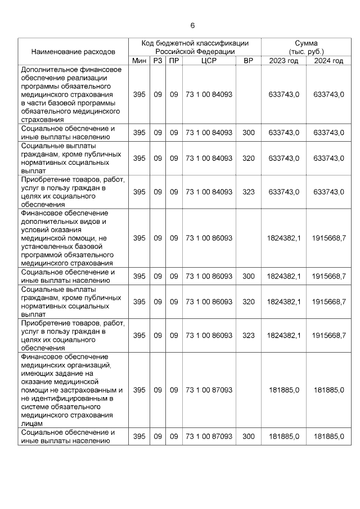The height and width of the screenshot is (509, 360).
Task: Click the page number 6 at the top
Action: [x=192, y=26]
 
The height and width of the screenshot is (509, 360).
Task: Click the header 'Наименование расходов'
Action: [x=73, y=52]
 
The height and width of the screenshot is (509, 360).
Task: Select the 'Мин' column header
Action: [x=139, y=61]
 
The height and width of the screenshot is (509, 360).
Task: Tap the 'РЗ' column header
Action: [x=157, y=61]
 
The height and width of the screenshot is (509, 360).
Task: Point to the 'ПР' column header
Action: [x=174, y=61]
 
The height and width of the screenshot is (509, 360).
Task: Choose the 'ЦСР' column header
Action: [x=209, y=61]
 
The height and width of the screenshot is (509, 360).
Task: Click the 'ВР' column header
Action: [x=248, y=61]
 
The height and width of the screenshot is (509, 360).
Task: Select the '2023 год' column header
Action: [x=283, y=61]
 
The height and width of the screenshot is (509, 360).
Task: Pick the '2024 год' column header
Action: [x=328, y=61]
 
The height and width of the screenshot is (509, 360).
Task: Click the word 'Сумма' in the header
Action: [x=306, y=43]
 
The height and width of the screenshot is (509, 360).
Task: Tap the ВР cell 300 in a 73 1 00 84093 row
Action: [x=248, y=133]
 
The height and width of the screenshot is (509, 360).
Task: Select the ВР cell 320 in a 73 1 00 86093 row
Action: [x=248, y=302]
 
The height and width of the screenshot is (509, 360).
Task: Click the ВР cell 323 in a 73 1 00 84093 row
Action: [x=248, y=192]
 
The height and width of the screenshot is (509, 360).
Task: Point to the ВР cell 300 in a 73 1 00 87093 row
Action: [x=248, y=436]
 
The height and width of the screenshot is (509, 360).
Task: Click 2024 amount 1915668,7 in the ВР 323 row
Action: [x=328, y=336]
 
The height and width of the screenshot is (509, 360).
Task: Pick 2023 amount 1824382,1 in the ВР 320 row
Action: [x=283, y=302]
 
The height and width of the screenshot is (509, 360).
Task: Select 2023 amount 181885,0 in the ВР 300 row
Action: [x=283, y=436]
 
